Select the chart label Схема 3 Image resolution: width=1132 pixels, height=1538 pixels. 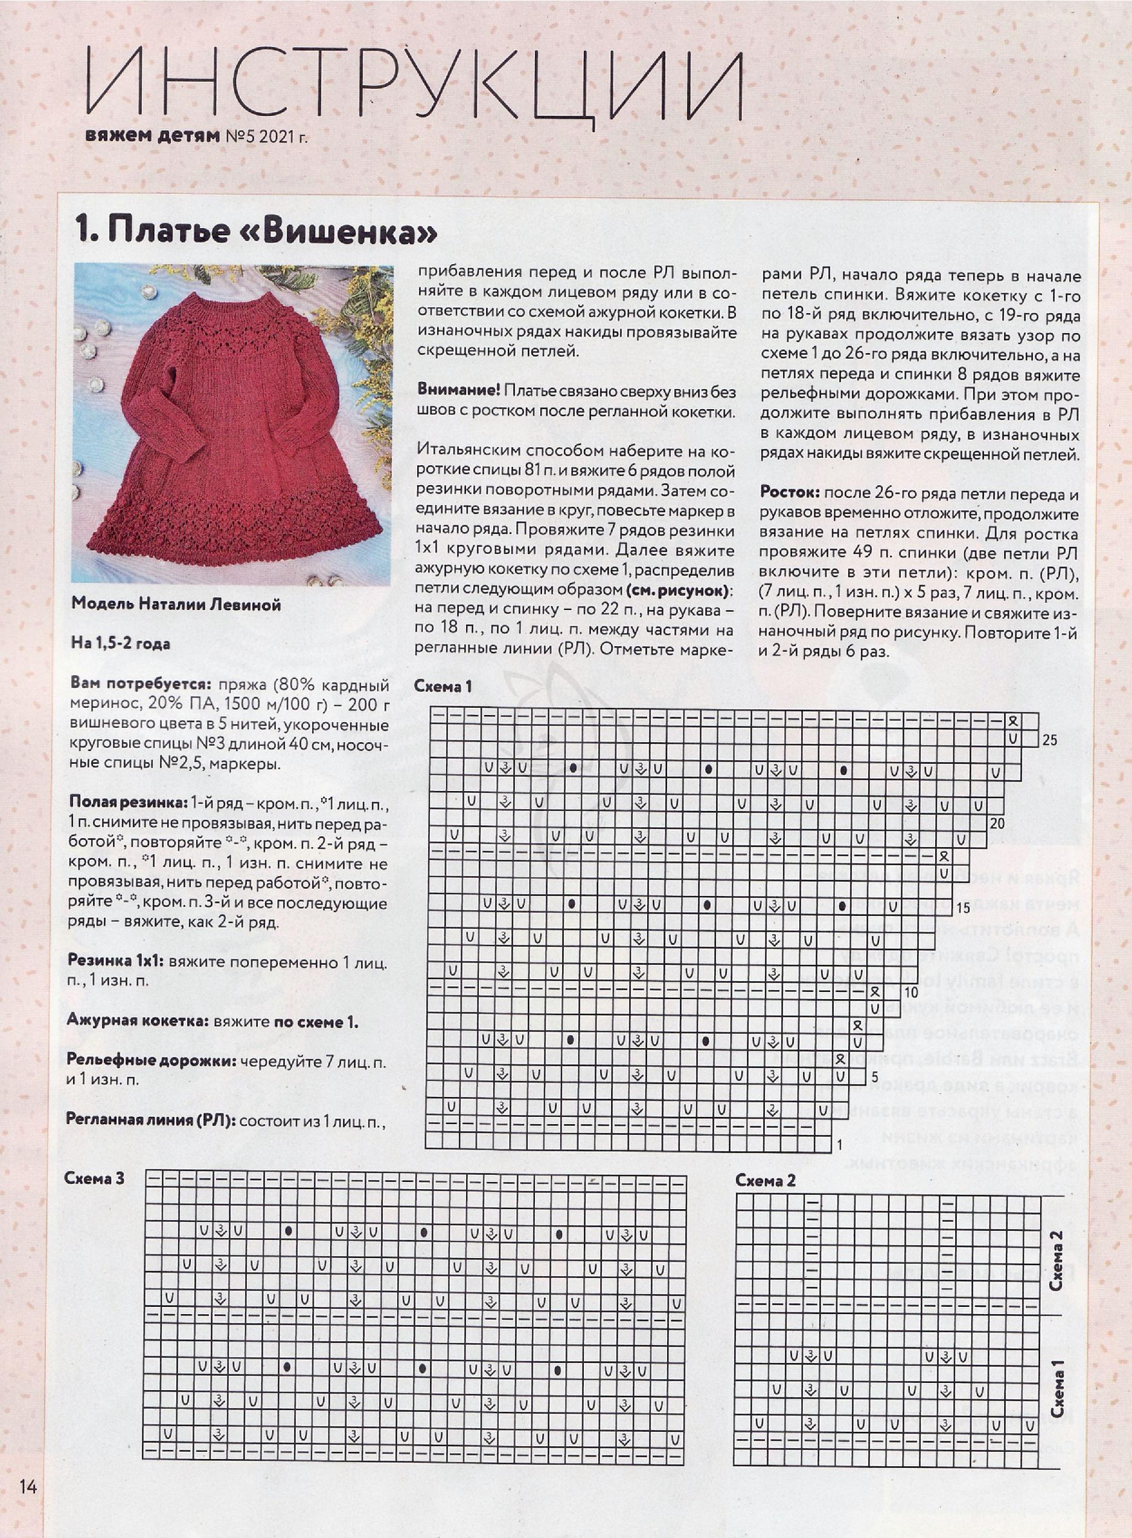(95, 1178)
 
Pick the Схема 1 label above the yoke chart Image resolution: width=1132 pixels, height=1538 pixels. (443, 687)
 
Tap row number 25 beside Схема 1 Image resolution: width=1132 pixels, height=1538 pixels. (1049, 740)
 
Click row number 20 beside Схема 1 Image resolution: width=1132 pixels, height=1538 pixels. (996, 823)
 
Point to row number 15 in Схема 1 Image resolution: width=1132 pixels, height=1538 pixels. (963, 908)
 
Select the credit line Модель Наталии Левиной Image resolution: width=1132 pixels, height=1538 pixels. (176, 605)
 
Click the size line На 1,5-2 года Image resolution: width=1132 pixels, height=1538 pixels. (121, 644)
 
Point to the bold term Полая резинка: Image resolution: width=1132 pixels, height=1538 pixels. (127, 801)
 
